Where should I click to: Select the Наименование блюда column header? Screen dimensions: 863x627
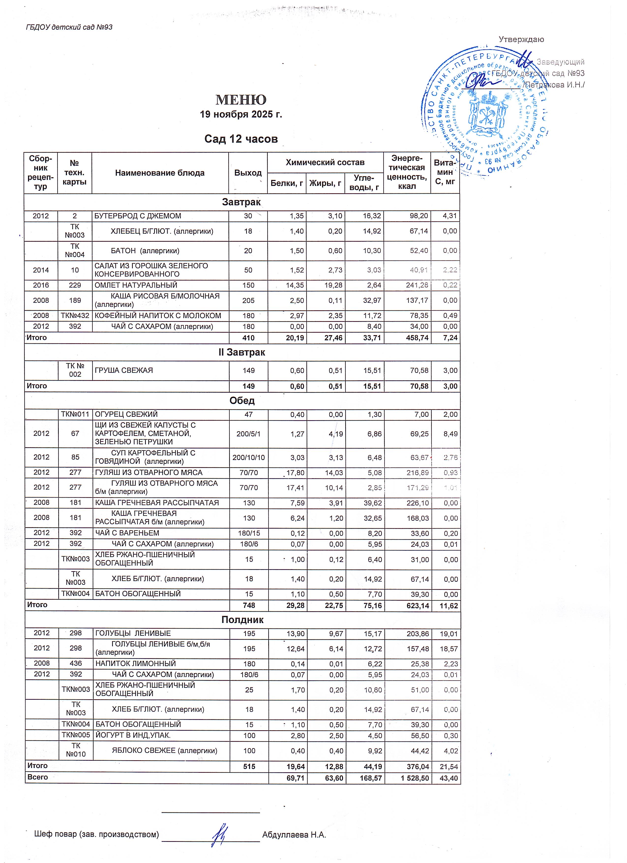(x=160, y=173)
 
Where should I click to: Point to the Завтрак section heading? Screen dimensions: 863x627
(x=241, y=202)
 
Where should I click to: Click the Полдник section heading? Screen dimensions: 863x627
(x=242, y=620)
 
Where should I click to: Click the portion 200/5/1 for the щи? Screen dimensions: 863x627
(x=248, y=434)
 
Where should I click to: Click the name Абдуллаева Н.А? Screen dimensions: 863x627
(x=294, y=835)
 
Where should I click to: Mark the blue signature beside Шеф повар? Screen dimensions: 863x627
(x=220, y=833)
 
